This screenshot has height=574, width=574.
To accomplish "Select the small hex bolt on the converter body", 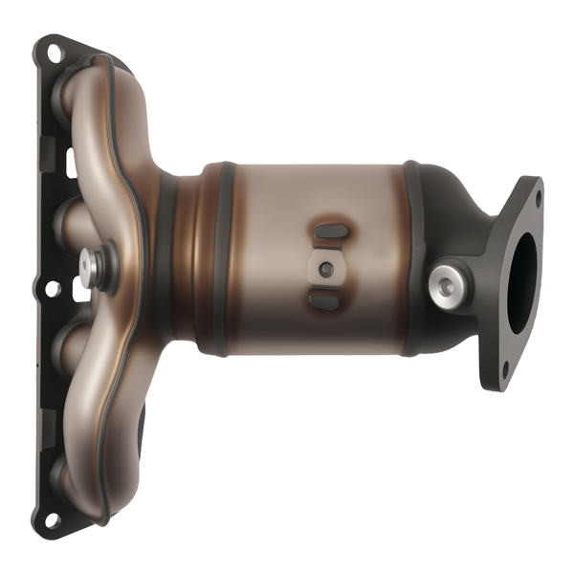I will coord(327,269).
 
